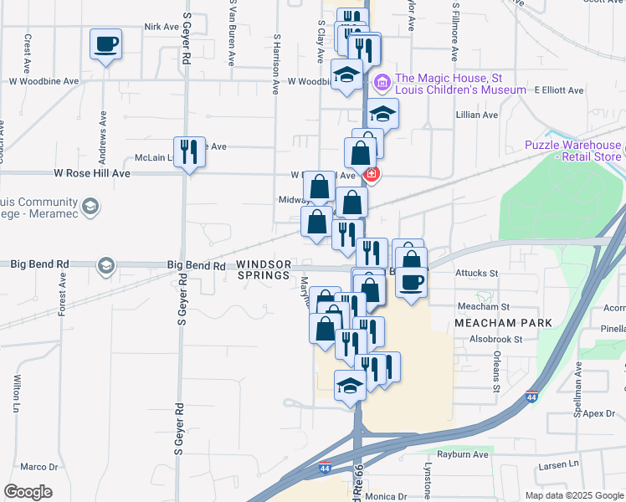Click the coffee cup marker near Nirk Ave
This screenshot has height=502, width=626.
pyautogui.click(x=105, y=44)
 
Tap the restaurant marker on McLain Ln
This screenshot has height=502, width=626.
pyautogui.click(x=189, y=152)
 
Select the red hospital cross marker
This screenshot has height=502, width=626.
pyautogui.click(x=371, y=174)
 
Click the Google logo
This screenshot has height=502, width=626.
pyautogui.click(x=28, y=492)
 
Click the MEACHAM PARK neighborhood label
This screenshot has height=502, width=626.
pyautogui.click(x=502, y=323)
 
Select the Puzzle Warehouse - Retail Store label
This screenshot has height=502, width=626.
pyautogui.click(x=574, y=151)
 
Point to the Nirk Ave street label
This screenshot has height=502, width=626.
pyautogui.click(x=157, y=27)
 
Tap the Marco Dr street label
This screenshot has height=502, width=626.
pyautogui.click(x=38, y=467)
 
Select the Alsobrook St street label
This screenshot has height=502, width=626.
pyautogui.click(x=495, y=340)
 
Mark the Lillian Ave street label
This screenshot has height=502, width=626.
pyautogui.click(x=477, y=115)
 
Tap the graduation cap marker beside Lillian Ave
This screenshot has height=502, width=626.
pyautogui.click(x=382, y=113)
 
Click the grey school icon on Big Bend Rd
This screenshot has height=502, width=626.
pyautogui.click(x=105, y=266)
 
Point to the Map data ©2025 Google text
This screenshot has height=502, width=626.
pyautogui.click(x=573, y=494)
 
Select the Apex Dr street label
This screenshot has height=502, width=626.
pyautogui.click(x=599, y=413)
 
